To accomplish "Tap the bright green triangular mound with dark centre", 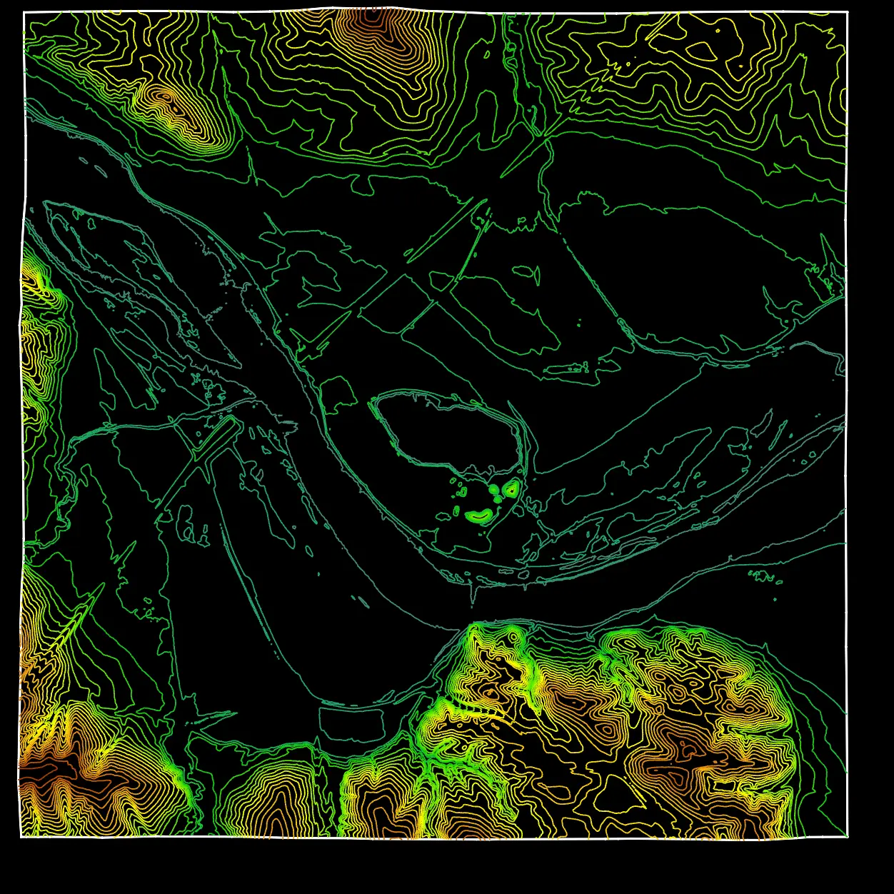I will pos(511,489).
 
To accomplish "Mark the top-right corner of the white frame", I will pos(847,12).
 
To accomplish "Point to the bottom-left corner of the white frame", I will pos(21,835).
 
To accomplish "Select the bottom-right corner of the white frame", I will pos(848,836).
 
